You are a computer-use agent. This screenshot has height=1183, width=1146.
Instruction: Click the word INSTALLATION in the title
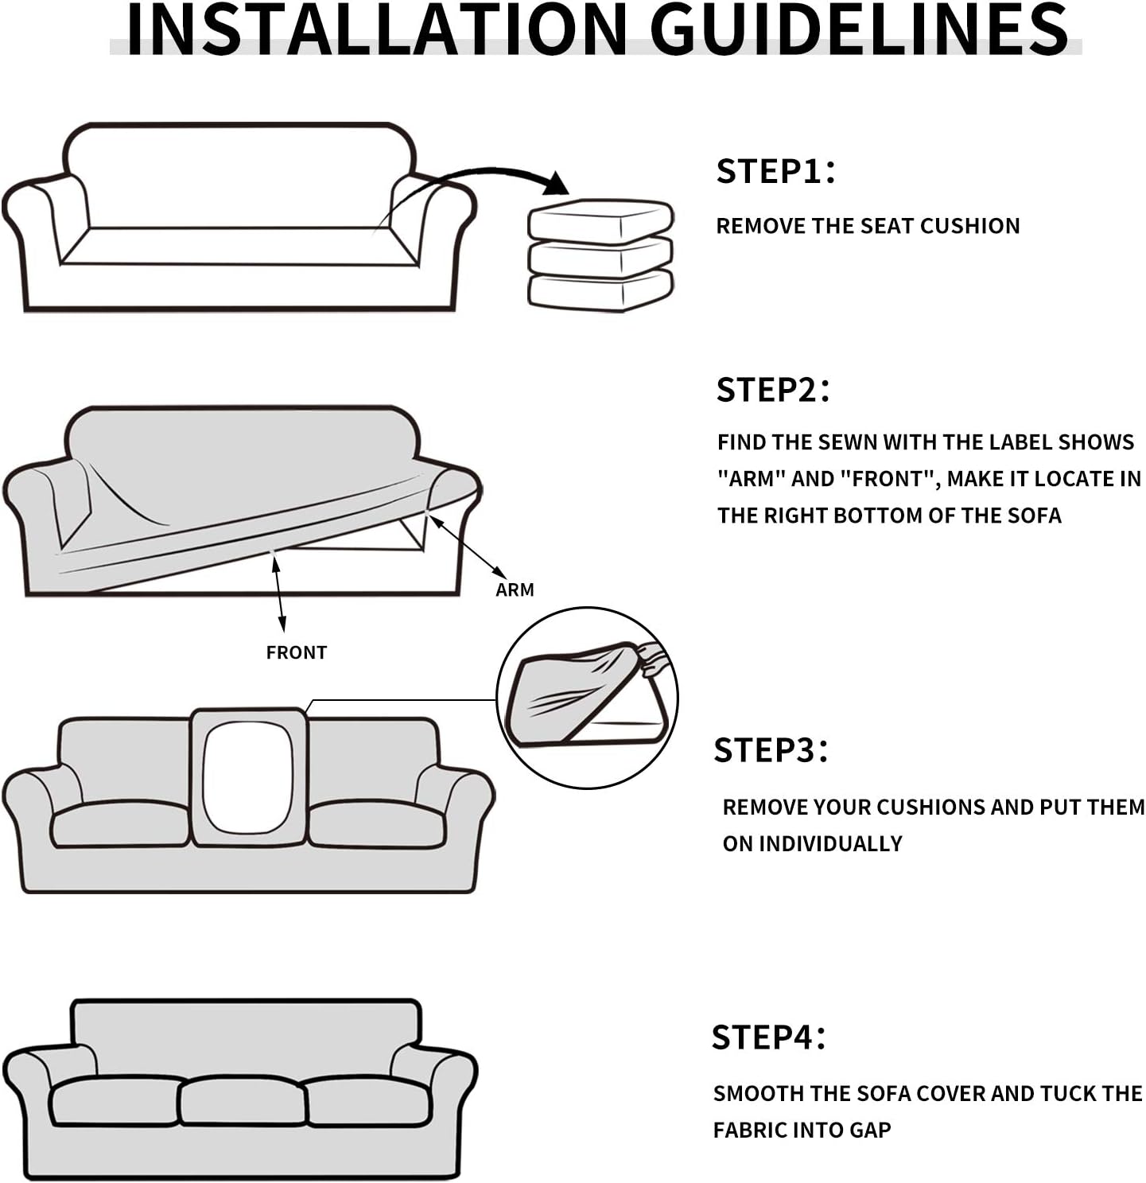377,29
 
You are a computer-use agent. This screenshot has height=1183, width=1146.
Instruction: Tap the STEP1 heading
775,171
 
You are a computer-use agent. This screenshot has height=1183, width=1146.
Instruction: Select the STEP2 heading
772,390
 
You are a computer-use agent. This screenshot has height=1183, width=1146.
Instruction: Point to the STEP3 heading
771,749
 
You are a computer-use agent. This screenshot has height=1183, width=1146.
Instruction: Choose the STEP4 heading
769,1037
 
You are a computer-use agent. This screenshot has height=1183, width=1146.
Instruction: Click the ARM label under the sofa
515,590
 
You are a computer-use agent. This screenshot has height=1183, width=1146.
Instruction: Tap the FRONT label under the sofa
297,652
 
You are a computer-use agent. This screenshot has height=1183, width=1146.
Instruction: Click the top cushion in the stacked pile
600,220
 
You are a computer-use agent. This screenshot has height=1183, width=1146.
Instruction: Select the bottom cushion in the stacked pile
600,291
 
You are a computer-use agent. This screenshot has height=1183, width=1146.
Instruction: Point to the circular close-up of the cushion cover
587,698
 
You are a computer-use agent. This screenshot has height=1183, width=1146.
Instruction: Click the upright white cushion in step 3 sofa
248,779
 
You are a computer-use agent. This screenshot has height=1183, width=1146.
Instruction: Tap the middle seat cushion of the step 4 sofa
243,1101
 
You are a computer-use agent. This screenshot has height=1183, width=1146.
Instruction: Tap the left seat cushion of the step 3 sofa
120,823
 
